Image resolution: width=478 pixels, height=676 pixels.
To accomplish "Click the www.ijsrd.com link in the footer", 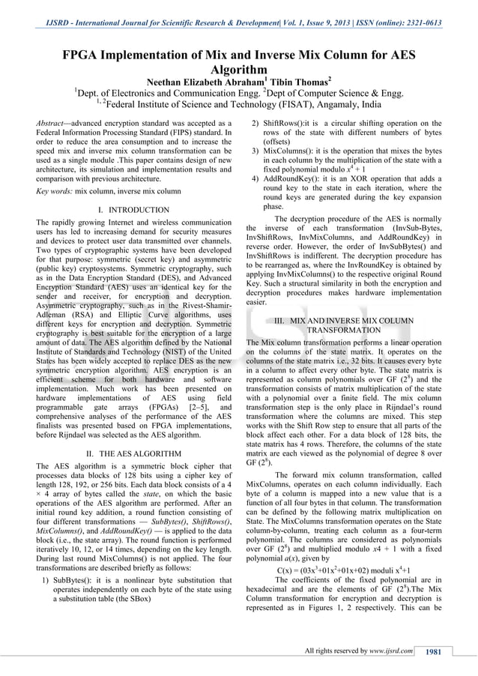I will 390,651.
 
